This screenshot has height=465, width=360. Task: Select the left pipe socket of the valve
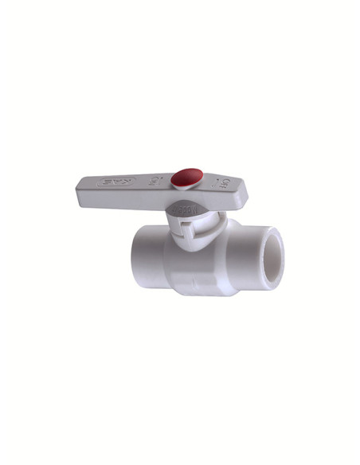tap(147, 252)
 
